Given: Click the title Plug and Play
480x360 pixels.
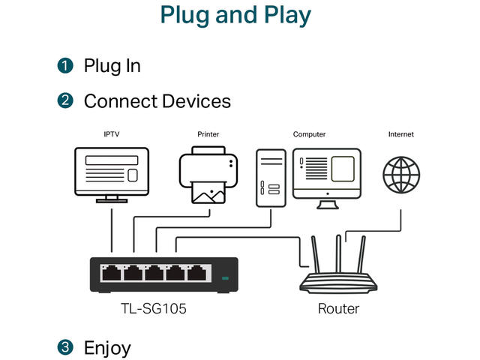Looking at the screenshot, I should click(x=235, y=15).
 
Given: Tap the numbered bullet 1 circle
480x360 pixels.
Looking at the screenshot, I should click(x=65, y=66).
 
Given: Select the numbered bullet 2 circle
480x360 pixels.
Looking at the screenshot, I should click(x=65, y=100).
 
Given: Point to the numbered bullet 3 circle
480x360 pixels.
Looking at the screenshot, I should click(x=65, y=347).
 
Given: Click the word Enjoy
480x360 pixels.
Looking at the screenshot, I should click(x=107, y=348).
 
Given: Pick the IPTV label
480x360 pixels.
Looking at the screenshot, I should click(x=112, y=134).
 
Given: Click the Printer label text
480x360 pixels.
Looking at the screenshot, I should click(x=208, y=134).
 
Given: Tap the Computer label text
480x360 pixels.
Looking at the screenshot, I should click(x=309, y=134).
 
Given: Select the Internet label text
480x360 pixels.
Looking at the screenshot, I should click(x=400, y=134).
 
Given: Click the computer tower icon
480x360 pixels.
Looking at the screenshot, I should click(x=270, y=178).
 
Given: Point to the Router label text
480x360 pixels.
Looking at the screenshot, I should click(x=338, y=308).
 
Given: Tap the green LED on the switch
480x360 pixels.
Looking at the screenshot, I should click(x=225, y=279).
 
